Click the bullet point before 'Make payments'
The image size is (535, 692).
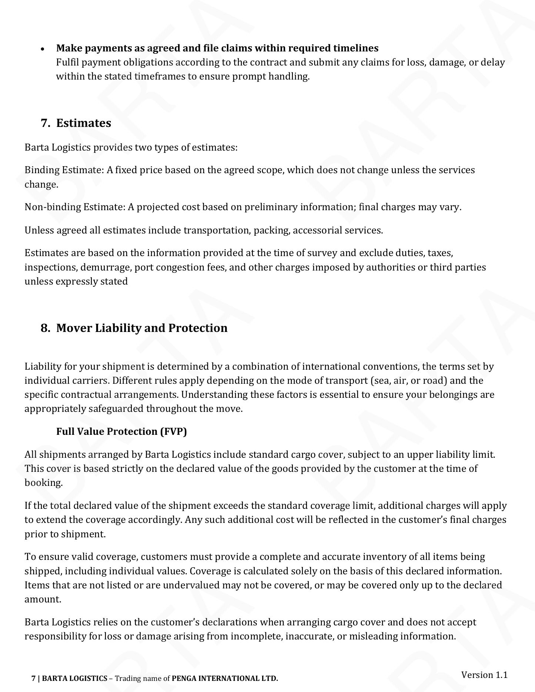point(43,49)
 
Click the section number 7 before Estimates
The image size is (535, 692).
point(45,123)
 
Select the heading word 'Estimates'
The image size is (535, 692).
point(84,123)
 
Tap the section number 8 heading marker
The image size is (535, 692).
point(45,328)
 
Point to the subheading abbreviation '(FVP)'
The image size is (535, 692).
point(174,431)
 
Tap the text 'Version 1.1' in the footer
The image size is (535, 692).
point(484,675)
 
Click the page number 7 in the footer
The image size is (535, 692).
point(33,678)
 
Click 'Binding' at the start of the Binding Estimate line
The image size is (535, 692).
point(41,170)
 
